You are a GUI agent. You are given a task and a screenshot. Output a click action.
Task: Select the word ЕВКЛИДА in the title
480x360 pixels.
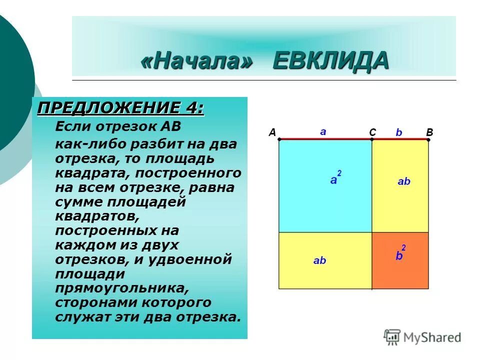(330, 61)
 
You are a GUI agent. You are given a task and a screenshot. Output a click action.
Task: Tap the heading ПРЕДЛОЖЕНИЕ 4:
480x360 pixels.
(121, 107)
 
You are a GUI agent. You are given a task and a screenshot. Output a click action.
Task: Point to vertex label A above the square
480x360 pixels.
(272, 132)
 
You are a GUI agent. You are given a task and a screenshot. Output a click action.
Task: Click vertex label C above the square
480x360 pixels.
(372, 132)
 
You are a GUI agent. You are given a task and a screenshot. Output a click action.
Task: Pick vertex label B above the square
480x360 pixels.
(429, 132)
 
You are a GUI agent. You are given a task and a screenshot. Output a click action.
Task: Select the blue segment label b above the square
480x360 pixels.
(398, 132)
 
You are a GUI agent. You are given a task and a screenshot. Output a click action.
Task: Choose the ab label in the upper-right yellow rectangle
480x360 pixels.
(403, 181)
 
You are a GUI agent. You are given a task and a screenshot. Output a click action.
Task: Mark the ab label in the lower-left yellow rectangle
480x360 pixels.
(319, 260)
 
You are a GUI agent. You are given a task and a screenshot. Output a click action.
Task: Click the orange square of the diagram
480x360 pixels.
(400, 270)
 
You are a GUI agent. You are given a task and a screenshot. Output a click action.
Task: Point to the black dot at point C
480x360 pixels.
(372, 139)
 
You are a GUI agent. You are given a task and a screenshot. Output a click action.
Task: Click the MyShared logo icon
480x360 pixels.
(392, 336)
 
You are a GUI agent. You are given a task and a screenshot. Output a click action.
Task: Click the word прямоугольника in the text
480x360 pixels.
(121, 288)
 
